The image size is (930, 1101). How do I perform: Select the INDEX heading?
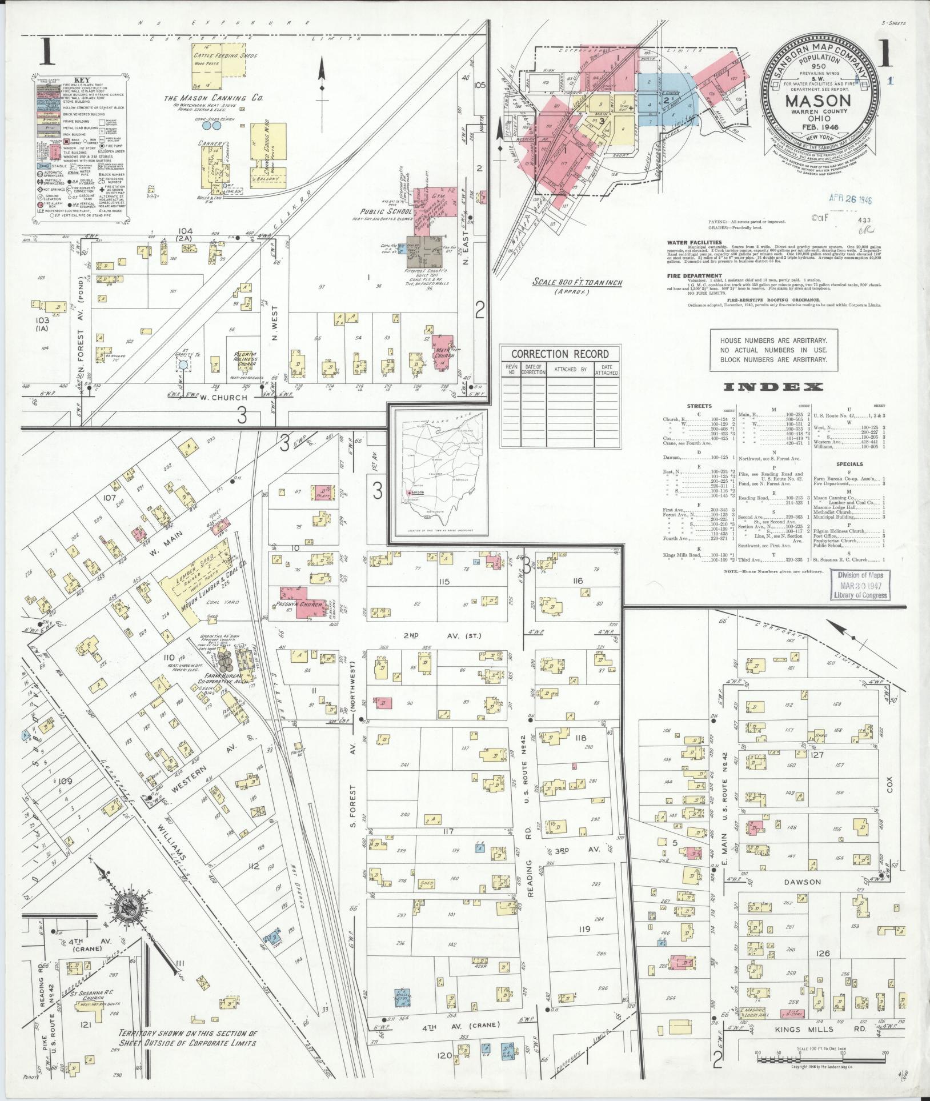pyautogui.click(x=773, y=387)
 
